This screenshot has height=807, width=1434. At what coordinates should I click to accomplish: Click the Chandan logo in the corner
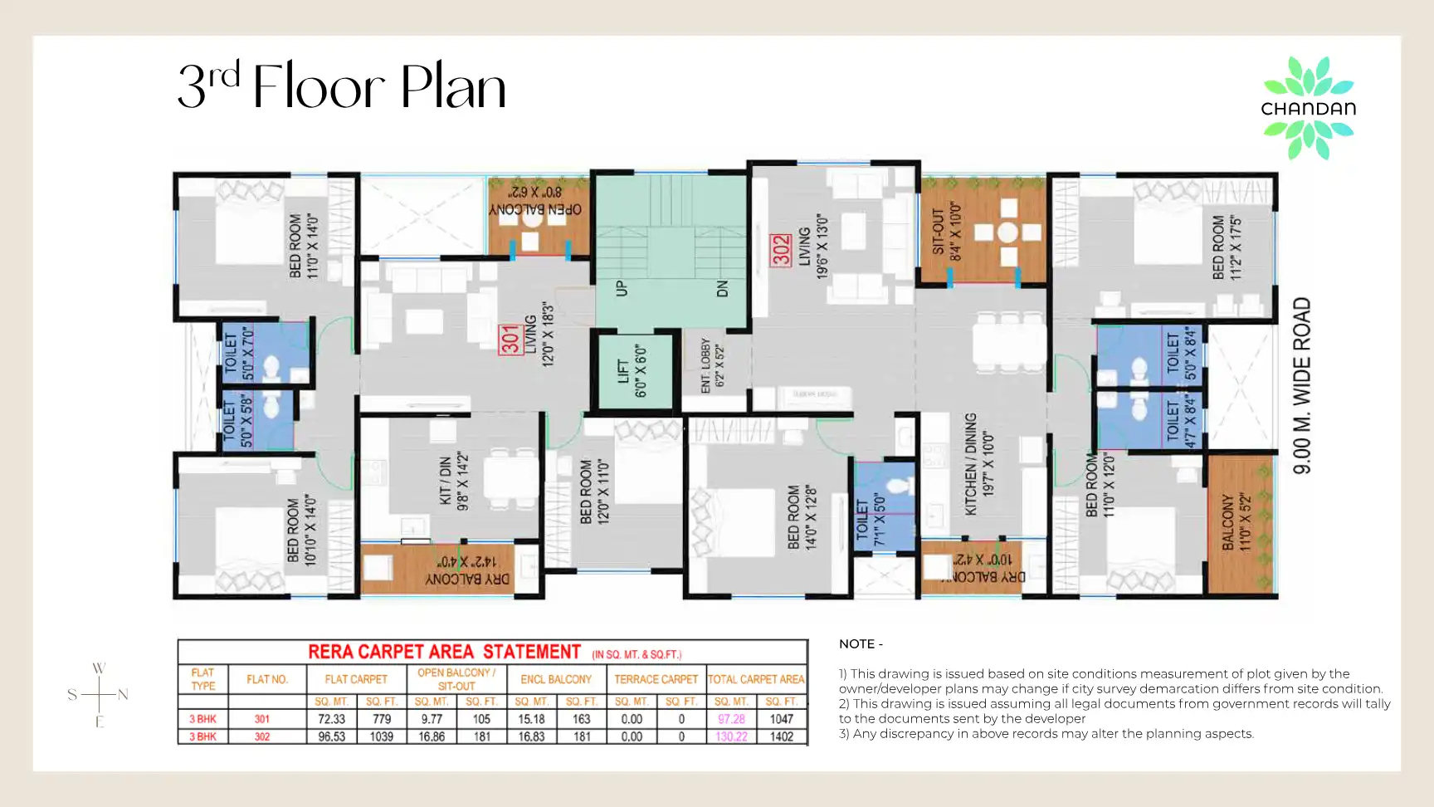tap(1309, 108)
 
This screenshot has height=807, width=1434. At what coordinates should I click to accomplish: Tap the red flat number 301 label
tap(510, 340)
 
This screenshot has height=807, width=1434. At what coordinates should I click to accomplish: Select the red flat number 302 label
tap(781, 250)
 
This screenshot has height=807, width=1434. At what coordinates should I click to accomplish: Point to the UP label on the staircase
tap(622, 289)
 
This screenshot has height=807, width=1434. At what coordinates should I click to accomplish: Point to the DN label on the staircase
tap(722, 289)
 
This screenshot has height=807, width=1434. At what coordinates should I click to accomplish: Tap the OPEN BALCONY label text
tap(535, 210)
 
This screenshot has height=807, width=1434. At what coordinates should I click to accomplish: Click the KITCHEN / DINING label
tap(971, 464)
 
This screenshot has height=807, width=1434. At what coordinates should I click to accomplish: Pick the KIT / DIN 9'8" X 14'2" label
tap(454, 480)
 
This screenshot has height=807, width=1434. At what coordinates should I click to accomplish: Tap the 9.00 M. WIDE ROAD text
tap(1303, 385)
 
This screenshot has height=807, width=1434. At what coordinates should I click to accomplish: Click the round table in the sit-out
tap(1008, 232)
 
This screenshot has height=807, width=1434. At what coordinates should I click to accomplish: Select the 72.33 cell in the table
tap(332, 719)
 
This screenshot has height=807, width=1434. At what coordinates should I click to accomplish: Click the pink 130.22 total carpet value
tap(731, 736)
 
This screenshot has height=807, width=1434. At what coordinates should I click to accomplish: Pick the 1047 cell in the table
tap(782, 719)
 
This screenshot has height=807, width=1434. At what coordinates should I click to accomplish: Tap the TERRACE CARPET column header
tap(656, 679)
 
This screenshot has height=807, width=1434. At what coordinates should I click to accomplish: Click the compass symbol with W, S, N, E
tap(99, 694)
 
